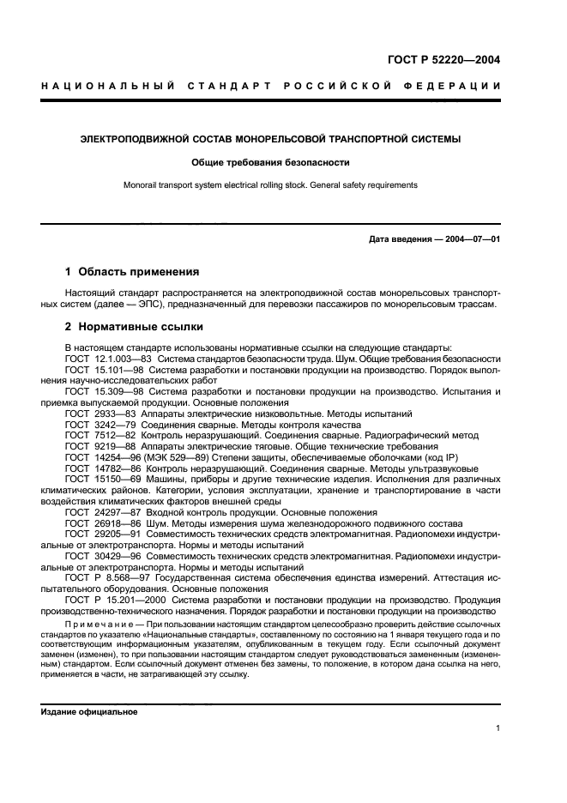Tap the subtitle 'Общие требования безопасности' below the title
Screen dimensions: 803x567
pos(282,161)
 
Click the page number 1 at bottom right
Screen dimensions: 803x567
pos(498,728)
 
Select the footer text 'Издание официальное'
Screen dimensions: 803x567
pos(89,712)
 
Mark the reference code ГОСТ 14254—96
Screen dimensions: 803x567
pos(100,457)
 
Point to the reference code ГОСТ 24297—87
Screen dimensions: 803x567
pos(100,512)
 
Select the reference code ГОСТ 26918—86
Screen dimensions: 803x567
pos(100,523)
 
